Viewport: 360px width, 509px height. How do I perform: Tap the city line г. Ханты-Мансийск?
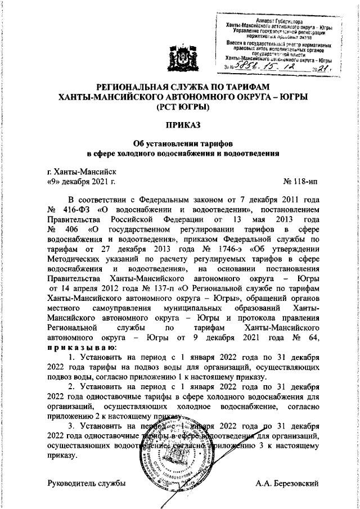click(x=82, y=172)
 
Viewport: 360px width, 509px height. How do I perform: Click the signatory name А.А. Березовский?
click(x=287, y=483)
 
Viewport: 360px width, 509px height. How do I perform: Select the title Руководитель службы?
click(x=85, y=483)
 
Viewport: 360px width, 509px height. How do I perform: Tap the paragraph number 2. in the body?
click(x=71, y=388)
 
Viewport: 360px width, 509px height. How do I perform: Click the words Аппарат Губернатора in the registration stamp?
click(x=274, y=20)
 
